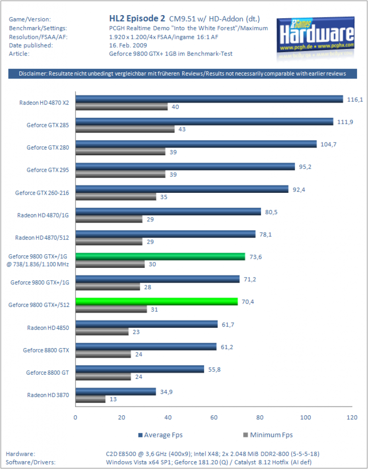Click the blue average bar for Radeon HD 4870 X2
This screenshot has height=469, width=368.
pyautogui.click(x=209, y=99)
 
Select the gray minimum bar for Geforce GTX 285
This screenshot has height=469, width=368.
pyautogui.click(x=125, y=129)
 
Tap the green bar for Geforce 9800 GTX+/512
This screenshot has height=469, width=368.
pyautogui.click(x=156, y=301)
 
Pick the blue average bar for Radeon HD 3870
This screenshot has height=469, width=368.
pyautogui.click(x=116, y=392)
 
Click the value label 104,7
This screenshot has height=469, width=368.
pyautogui.click(x=329, y=144)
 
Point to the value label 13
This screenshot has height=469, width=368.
pyautogui.click(x=113, y=399)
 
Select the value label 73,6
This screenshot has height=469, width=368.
pyautogui.click(x=255, y=257)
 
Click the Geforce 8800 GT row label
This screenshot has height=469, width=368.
pyautogui.click(x=47, y=373)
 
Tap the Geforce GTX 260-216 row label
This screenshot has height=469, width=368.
pyautogui.click(x=42, y=193)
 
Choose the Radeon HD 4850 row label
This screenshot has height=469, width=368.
pyautogui.click(x=48, y=328)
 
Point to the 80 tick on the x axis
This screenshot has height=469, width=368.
pyautogui.click(x=260, y=418)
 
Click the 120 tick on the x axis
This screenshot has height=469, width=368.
pyautogui.click(x=352, y=418)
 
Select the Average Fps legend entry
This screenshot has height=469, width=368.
pyautogui.click(x=160, y=435)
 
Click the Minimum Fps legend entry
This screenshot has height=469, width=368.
pyautogui.click(x=268, y=435)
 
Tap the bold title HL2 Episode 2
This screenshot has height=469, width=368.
pyautogui.click(x=137, y=18)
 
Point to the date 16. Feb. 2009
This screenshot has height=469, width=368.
pyautogui.click(x=128, y=45)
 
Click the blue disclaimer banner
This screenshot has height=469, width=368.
pyautogui.click(x=183, y=74)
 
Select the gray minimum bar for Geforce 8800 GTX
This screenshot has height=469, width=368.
pyautogui.click(x=103, y=354)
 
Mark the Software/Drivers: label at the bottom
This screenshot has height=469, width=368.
pyautogui.click(x=31, y=462)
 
